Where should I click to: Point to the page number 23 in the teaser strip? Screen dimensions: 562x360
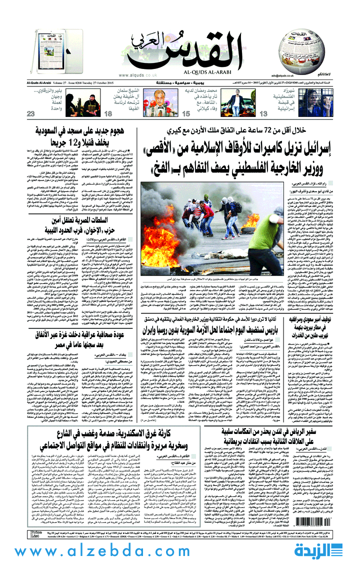tap(31, 114)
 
